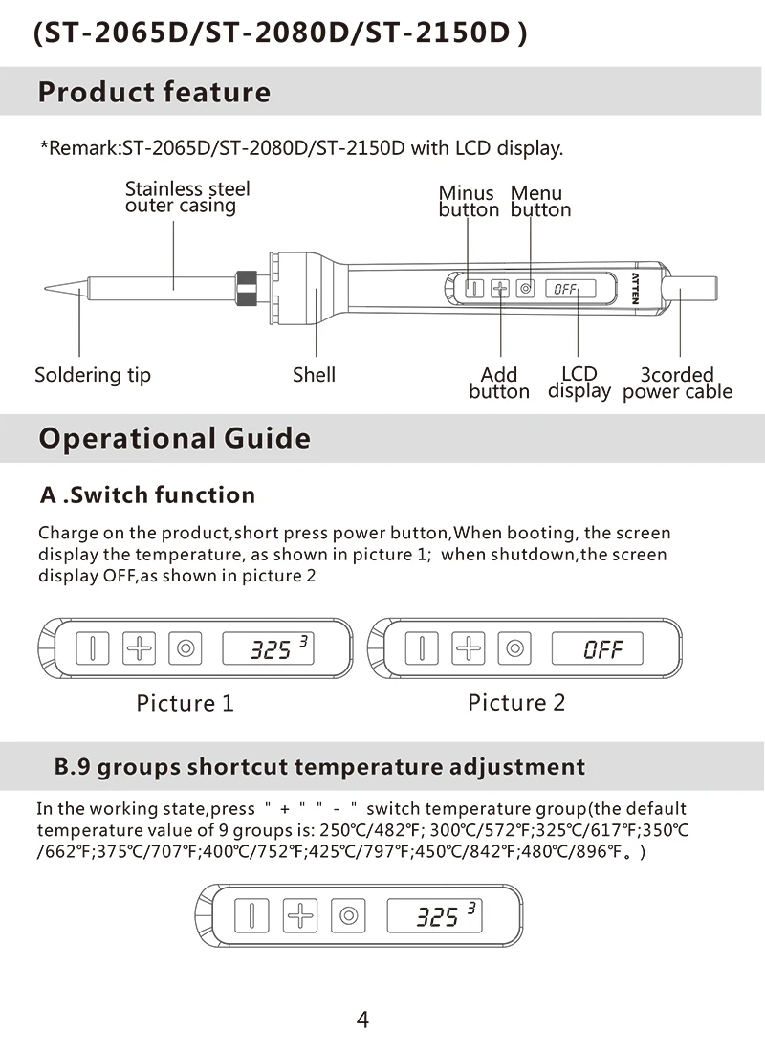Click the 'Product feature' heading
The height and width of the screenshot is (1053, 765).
point(154,93)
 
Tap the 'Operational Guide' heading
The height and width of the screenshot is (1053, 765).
point(174,439)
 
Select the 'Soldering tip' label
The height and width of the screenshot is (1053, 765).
point(93,375)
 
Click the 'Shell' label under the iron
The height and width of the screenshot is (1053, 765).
point(314,375)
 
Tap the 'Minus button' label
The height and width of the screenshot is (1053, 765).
point(468,202)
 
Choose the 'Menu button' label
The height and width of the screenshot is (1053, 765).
point(539,202)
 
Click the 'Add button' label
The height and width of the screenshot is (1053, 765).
point(498,383)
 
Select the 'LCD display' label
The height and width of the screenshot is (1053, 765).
point(579,383)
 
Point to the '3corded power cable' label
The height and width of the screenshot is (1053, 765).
point(677,383)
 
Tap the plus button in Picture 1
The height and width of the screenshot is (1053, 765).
point(140,648)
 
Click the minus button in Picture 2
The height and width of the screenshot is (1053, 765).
point(422,648)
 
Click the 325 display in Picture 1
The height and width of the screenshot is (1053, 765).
point(270,648)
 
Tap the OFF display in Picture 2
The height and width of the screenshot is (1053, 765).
point(602,649)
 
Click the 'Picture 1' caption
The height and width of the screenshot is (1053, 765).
point(185,703)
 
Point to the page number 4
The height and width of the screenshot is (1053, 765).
point(362,1020)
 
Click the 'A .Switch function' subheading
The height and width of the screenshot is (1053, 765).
point(147,495)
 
